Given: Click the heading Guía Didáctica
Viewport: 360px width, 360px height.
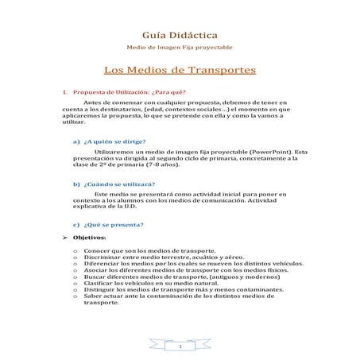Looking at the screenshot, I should point(180,37).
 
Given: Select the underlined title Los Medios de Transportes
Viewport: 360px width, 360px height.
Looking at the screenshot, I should point(180,71).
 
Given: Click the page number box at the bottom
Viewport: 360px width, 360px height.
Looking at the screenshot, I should point(180,347).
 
